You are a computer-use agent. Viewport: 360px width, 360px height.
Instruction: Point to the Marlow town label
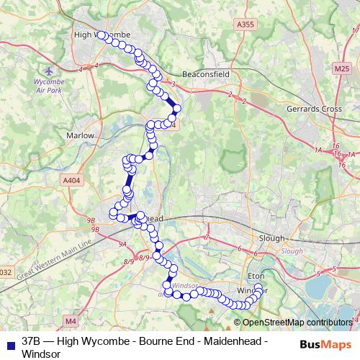point(80,135)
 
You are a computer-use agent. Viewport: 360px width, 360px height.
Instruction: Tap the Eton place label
point(257,274)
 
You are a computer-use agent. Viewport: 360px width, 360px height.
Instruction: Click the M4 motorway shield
point(71,320)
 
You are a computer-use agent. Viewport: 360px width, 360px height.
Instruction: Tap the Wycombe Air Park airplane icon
point(48,73)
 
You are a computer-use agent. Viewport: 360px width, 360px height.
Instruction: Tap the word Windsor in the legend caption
point(41,354)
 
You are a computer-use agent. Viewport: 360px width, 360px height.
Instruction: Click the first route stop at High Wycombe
point(101,35)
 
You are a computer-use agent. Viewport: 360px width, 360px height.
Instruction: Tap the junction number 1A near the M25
point(318,149)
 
